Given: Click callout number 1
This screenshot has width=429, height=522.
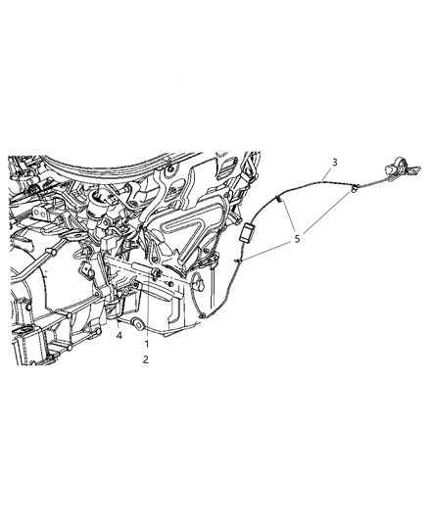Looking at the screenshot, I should point(147,345).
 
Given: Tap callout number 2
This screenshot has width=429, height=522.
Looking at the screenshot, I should point(147,360).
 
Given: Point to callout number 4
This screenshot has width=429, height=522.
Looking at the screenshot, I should point(119,336).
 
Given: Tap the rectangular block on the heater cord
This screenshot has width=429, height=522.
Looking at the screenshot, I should point(250,233).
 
